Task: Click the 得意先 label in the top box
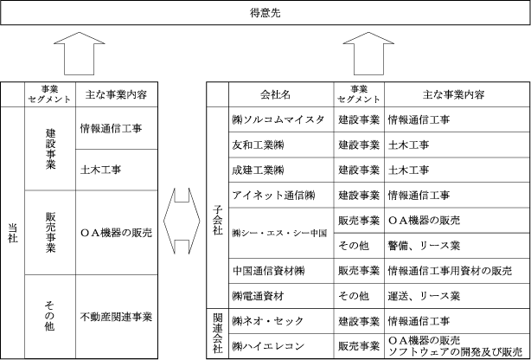pyautogui.click(x=265, y=14)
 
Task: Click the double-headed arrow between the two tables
pyautogui.click(x=181, y=219)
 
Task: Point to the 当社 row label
pyautogui.click(x=10, y=219)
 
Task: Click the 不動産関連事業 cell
pyautogui.click(x=116, y=317)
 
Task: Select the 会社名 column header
pyautogui.click(x=280, y=93)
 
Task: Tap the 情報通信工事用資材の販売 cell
pyautogui.click(x=451, y=271)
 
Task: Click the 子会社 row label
pyautogui.click(x=217, y=208)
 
